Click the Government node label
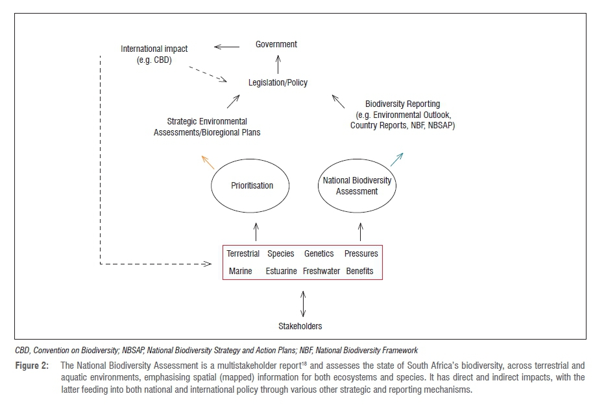pyautogui.click(x=276, y=44)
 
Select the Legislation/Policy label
pyautogui.click(x=278, y=83)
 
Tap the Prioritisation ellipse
pyautogui.click(x=252, y=185)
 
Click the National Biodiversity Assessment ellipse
pyautogui.click(x=357, y=186)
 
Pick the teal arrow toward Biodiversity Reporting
pyautogui.click(x=397, y=159)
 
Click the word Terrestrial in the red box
pyautogui.click(x=243, y=254)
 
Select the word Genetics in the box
pyautogui.click(x=319, y=254)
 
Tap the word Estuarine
pyautogui.click(x=282, y=271)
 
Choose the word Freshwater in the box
pyautogui.click(x=322, y=271)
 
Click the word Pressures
pyautogui.click(x=361, y=254)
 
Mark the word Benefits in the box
pyautogui.click(x=360, y=271)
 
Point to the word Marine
pyautogui.click(x=241, y=271)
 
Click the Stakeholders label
pyautogui.click(x=300, y=326)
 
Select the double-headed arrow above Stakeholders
pyautogui.click(x=302, y=302)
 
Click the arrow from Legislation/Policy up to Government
pyautogui.click(x=278, y=64)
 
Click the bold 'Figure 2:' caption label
pyautogui.click(x=32, y=367)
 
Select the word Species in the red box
pyautogui.click(x=281, y=254)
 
